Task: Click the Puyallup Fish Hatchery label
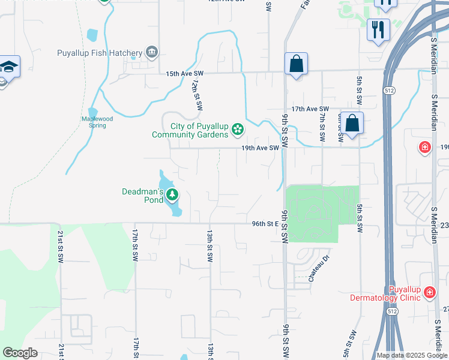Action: (100, 53)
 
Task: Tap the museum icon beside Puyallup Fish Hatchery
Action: (151, 53)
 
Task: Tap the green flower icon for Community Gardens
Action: (238, 128)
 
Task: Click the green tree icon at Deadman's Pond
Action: (172, 194)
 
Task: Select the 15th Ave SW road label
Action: (185, 73)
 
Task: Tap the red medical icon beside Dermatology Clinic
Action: (429, 293)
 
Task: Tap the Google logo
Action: (20, 353)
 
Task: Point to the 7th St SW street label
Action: (322, 123)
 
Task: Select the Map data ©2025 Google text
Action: (412, 355)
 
